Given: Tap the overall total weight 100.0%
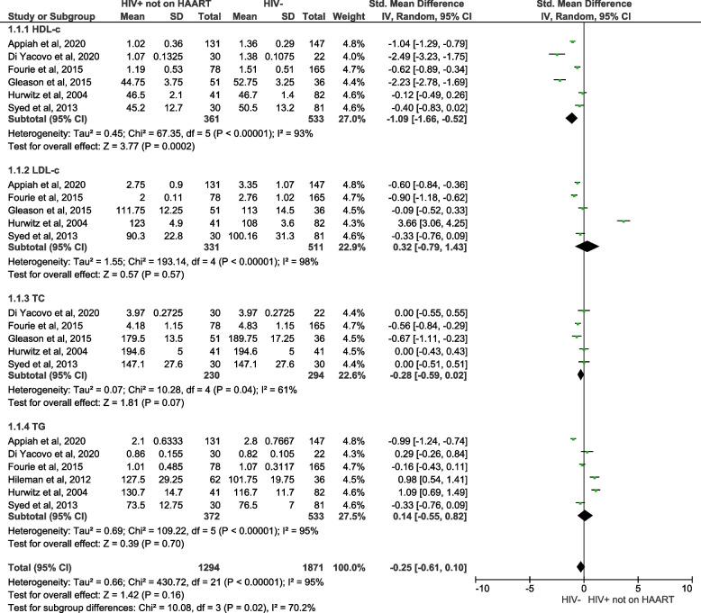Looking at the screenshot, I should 390,564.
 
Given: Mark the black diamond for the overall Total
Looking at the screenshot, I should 579,565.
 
